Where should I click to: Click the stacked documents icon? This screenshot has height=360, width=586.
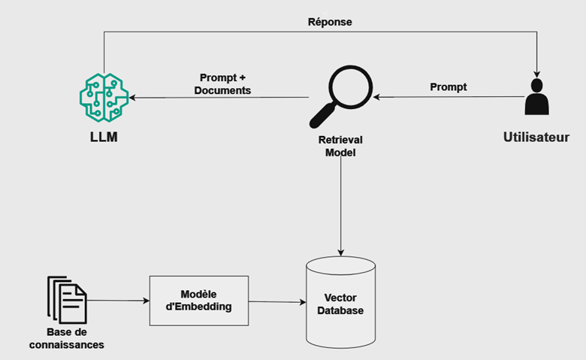click(x=67, y=300)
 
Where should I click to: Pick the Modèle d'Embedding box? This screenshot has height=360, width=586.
click(x=199, y=301)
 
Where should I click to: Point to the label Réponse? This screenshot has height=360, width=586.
click(x=330, y=22)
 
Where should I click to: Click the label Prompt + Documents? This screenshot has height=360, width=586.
click(x=222, y=84)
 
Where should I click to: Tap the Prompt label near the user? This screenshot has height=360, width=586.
click(x=449, y=87)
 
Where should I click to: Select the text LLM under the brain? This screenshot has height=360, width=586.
click(x=103, y=140)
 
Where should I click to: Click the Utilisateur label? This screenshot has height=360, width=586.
click(x=536, y=138)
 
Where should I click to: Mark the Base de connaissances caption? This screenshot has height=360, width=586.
click(x=66, y=339)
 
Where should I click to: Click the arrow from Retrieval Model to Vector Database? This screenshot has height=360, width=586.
click(x=341, y=210)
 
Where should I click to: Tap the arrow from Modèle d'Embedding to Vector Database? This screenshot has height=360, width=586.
click(x=278, y=302)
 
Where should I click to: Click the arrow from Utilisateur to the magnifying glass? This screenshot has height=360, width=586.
click(x=451, y=97)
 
